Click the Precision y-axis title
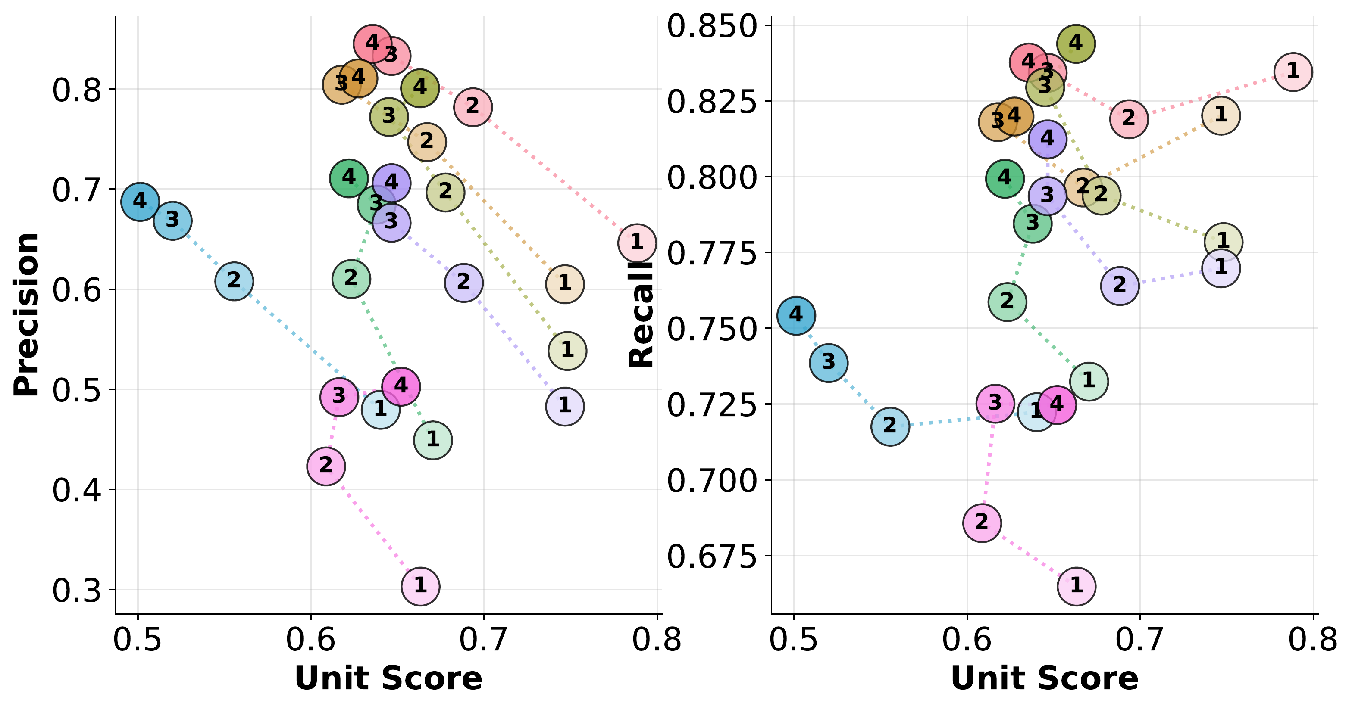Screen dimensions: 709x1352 (x=26, y=314)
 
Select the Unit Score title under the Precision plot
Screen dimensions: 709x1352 (x=388, y=678)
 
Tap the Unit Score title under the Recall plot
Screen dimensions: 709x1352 (x=1045, y=678)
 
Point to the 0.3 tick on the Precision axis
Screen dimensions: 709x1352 (x=77, y=590)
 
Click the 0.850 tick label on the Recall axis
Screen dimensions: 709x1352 (x=712, y=26)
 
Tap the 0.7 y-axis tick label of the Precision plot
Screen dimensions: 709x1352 (x=77, y=190)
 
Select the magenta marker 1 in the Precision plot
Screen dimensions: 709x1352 (x=420, y=586)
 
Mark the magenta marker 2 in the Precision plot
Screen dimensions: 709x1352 (x=326, y=466)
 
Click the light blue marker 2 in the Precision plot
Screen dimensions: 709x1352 (x=234, y=281)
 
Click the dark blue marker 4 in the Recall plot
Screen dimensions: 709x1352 (x=796, y=315)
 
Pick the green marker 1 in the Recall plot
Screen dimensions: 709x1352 (x=1089, y=381)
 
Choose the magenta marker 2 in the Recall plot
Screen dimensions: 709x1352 (x=982, y=522)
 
